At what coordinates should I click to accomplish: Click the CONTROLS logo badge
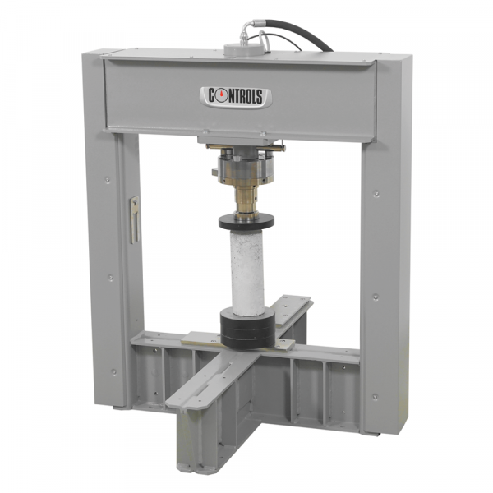(236, 97)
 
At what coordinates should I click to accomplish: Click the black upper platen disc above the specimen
(246, 222)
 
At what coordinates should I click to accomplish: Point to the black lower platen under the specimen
(247, 329)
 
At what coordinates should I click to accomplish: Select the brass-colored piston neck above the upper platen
(247, 202)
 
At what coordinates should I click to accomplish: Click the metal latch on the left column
(135, 219)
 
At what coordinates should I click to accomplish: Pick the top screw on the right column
(376, 194)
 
